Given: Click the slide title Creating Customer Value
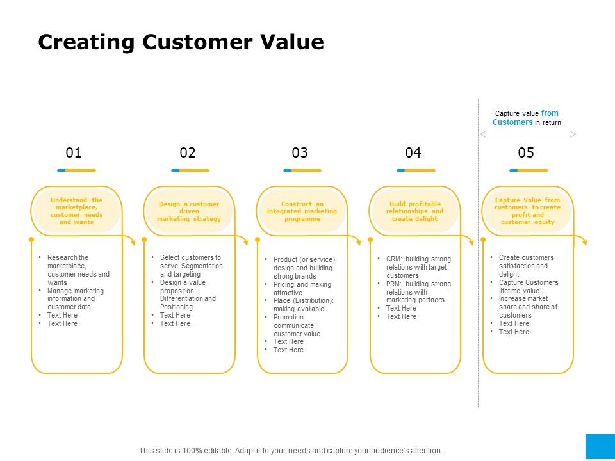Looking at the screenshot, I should (181, 42).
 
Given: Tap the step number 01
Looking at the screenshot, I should (74, 152).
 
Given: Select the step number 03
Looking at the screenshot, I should (300, 152).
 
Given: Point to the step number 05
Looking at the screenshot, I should (526, 152).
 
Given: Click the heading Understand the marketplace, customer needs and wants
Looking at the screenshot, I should (76, 211).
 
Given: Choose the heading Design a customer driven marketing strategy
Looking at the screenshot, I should (189, 211).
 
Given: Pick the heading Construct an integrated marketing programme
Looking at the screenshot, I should (302, 211).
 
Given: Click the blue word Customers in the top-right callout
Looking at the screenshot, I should (512, 122).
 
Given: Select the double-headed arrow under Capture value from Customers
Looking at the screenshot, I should (528, 134).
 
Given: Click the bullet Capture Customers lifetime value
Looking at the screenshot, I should (528, 286).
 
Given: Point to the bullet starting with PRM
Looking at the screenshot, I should (418, 292).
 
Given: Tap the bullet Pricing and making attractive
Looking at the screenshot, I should (302, 288).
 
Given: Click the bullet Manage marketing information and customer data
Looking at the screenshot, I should (75, 298).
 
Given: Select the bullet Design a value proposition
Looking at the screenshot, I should (187, 295).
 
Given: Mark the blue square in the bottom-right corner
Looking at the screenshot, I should (600, 447).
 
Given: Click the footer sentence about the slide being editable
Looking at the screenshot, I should (291, 451).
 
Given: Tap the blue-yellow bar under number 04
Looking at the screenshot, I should (416, 170).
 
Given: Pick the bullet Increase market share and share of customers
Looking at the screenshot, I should (528, 307).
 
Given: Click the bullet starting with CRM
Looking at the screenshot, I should (418, 267).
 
